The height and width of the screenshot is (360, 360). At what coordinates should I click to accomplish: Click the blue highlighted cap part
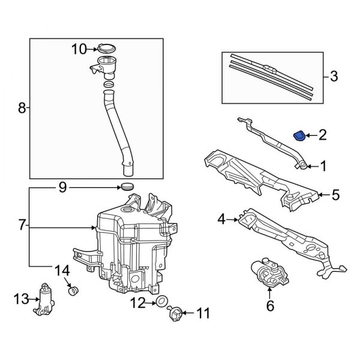pos(300,136)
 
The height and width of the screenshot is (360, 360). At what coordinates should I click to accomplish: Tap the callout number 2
pos(322,135)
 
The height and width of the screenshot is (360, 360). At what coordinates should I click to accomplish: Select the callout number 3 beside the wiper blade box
pos(334,76)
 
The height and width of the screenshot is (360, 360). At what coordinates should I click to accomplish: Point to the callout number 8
pos(22,107)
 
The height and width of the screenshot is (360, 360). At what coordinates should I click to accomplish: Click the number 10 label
pos(79,49)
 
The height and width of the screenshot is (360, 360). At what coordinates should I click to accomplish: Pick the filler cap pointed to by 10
pos(107,48)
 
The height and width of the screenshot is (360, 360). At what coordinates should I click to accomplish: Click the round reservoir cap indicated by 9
pos(127,187)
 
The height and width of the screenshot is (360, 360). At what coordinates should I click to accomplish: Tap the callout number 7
pos(22,225)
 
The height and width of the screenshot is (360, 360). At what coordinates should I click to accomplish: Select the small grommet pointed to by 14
pos(73,291)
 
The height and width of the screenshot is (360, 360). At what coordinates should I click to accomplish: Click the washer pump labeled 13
pos(44,299)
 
